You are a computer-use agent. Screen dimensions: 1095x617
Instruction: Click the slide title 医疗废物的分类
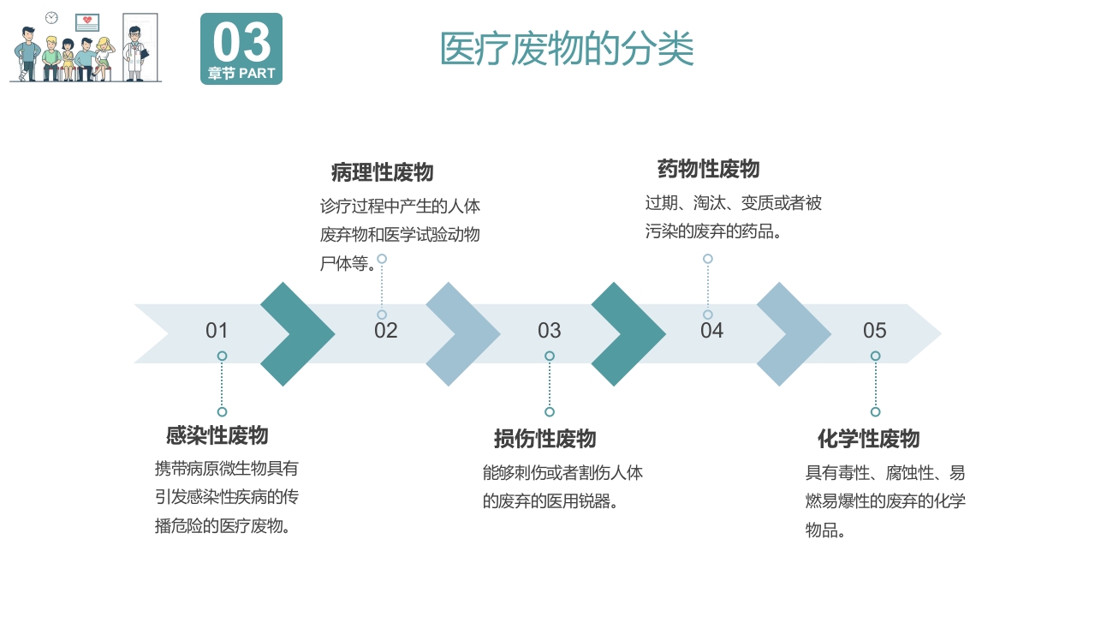coord(566,49)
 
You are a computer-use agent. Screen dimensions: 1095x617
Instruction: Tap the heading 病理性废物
coord(382,172)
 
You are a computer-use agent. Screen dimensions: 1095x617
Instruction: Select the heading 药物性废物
coord(708,169)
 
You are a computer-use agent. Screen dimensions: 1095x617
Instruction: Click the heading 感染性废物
coord(217,435)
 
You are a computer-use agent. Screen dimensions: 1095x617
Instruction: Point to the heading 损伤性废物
coord(545,439)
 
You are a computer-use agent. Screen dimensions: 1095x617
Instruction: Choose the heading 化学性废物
coord(868,439)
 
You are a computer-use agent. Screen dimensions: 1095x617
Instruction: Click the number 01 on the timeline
coord(217,331)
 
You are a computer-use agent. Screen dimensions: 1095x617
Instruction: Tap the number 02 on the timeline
coord(385,331)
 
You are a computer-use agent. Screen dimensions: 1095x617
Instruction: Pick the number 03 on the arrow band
coord(549,331)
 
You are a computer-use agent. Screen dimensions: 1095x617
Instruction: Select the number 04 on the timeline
coord(711,331)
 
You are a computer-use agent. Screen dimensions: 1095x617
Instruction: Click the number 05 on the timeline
coord(874,331)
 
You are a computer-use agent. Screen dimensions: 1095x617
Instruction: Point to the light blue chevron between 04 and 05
coord(794,333)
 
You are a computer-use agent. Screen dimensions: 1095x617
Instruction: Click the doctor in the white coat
coord(134,54)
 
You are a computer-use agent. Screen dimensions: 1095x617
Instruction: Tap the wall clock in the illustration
coord(51,18)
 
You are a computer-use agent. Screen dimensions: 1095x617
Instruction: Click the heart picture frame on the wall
coord(86,23)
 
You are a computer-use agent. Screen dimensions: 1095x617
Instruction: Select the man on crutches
coord(27,54)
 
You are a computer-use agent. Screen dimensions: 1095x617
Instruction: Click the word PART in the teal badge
coord(257,74)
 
